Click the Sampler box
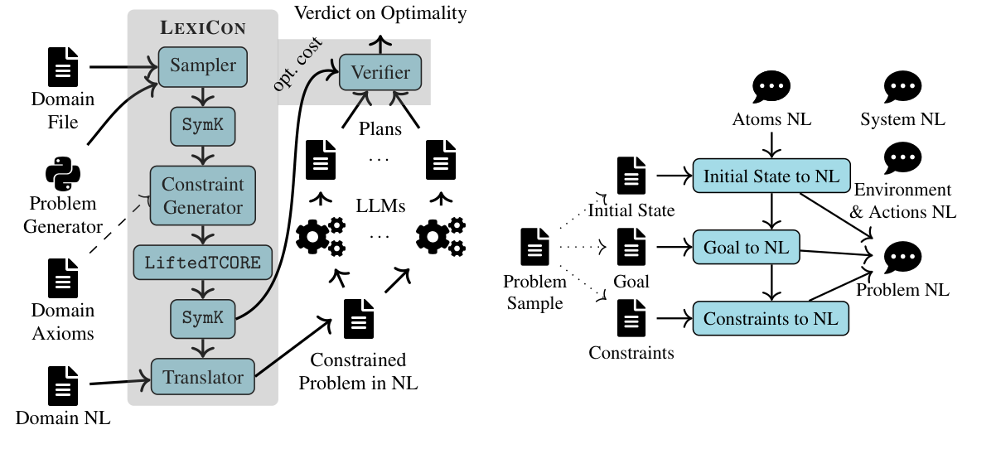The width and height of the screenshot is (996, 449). point(203,66)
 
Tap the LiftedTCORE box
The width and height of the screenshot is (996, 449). point(203,263)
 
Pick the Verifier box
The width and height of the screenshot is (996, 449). point(380,72)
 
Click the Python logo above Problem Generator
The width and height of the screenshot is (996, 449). point(63,174)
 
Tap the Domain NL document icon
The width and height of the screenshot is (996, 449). point(63,386)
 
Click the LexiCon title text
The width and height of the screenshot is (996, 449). point(203,27)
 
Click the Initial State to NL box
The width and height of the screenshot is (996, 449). point(771,176)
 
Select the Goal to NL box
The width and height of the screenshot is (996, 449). point(751,247)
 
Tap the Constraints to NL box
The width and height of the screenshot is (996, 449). point(771,318)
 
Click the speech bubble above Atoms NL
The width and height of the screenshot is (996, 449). point(771,87)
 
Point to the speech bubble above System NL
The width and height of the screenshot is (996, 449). point(902,87)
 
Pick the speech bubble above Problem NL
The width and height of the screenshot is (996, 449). point(902,258)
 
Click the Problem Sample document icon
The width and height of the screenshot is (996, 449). point(534,247)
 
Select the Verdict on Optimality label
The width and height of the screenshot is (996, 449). point(381,12)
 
